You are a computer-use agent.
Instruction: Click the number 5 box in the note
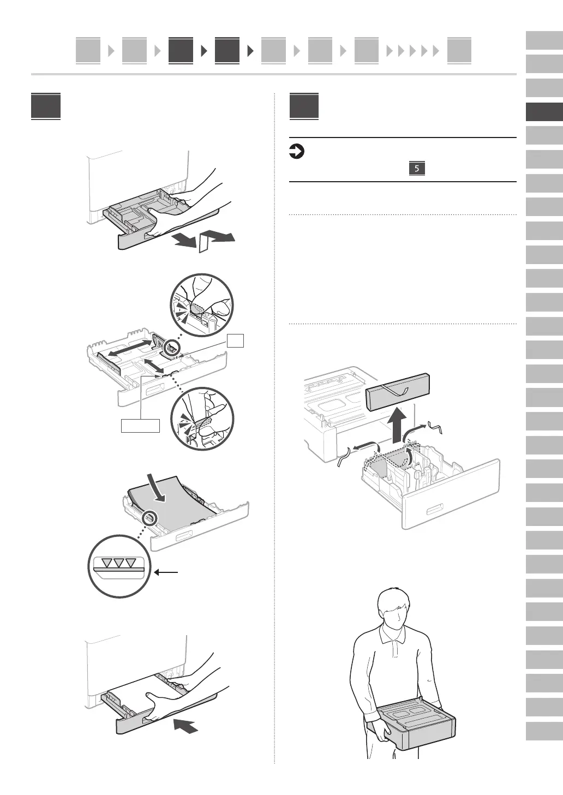(x=416, y=169)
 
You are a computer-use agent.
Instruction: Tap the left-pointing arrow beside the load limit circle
(x=166, y=572)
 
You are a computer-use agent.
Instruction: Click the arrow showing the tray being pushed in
(x=185, y=726)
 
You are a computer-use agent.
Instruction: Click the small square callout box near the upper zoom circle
(x=235, y=341)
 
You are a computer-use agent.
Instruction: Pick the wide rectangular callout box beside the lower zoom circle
(x=140, y=426)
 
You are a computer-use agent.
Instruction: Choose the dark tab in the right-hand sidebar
(x=544, y=112)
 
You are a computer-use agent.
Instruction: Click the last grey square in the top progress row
(x=459, y=51)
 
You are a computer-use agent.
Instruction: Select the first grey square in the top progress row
(x=88, y=51)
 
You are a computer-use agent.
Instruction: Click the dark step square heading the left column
(x=46, y=106)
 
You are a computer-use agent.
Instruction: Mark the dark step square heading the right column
(x=304, y=106)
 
